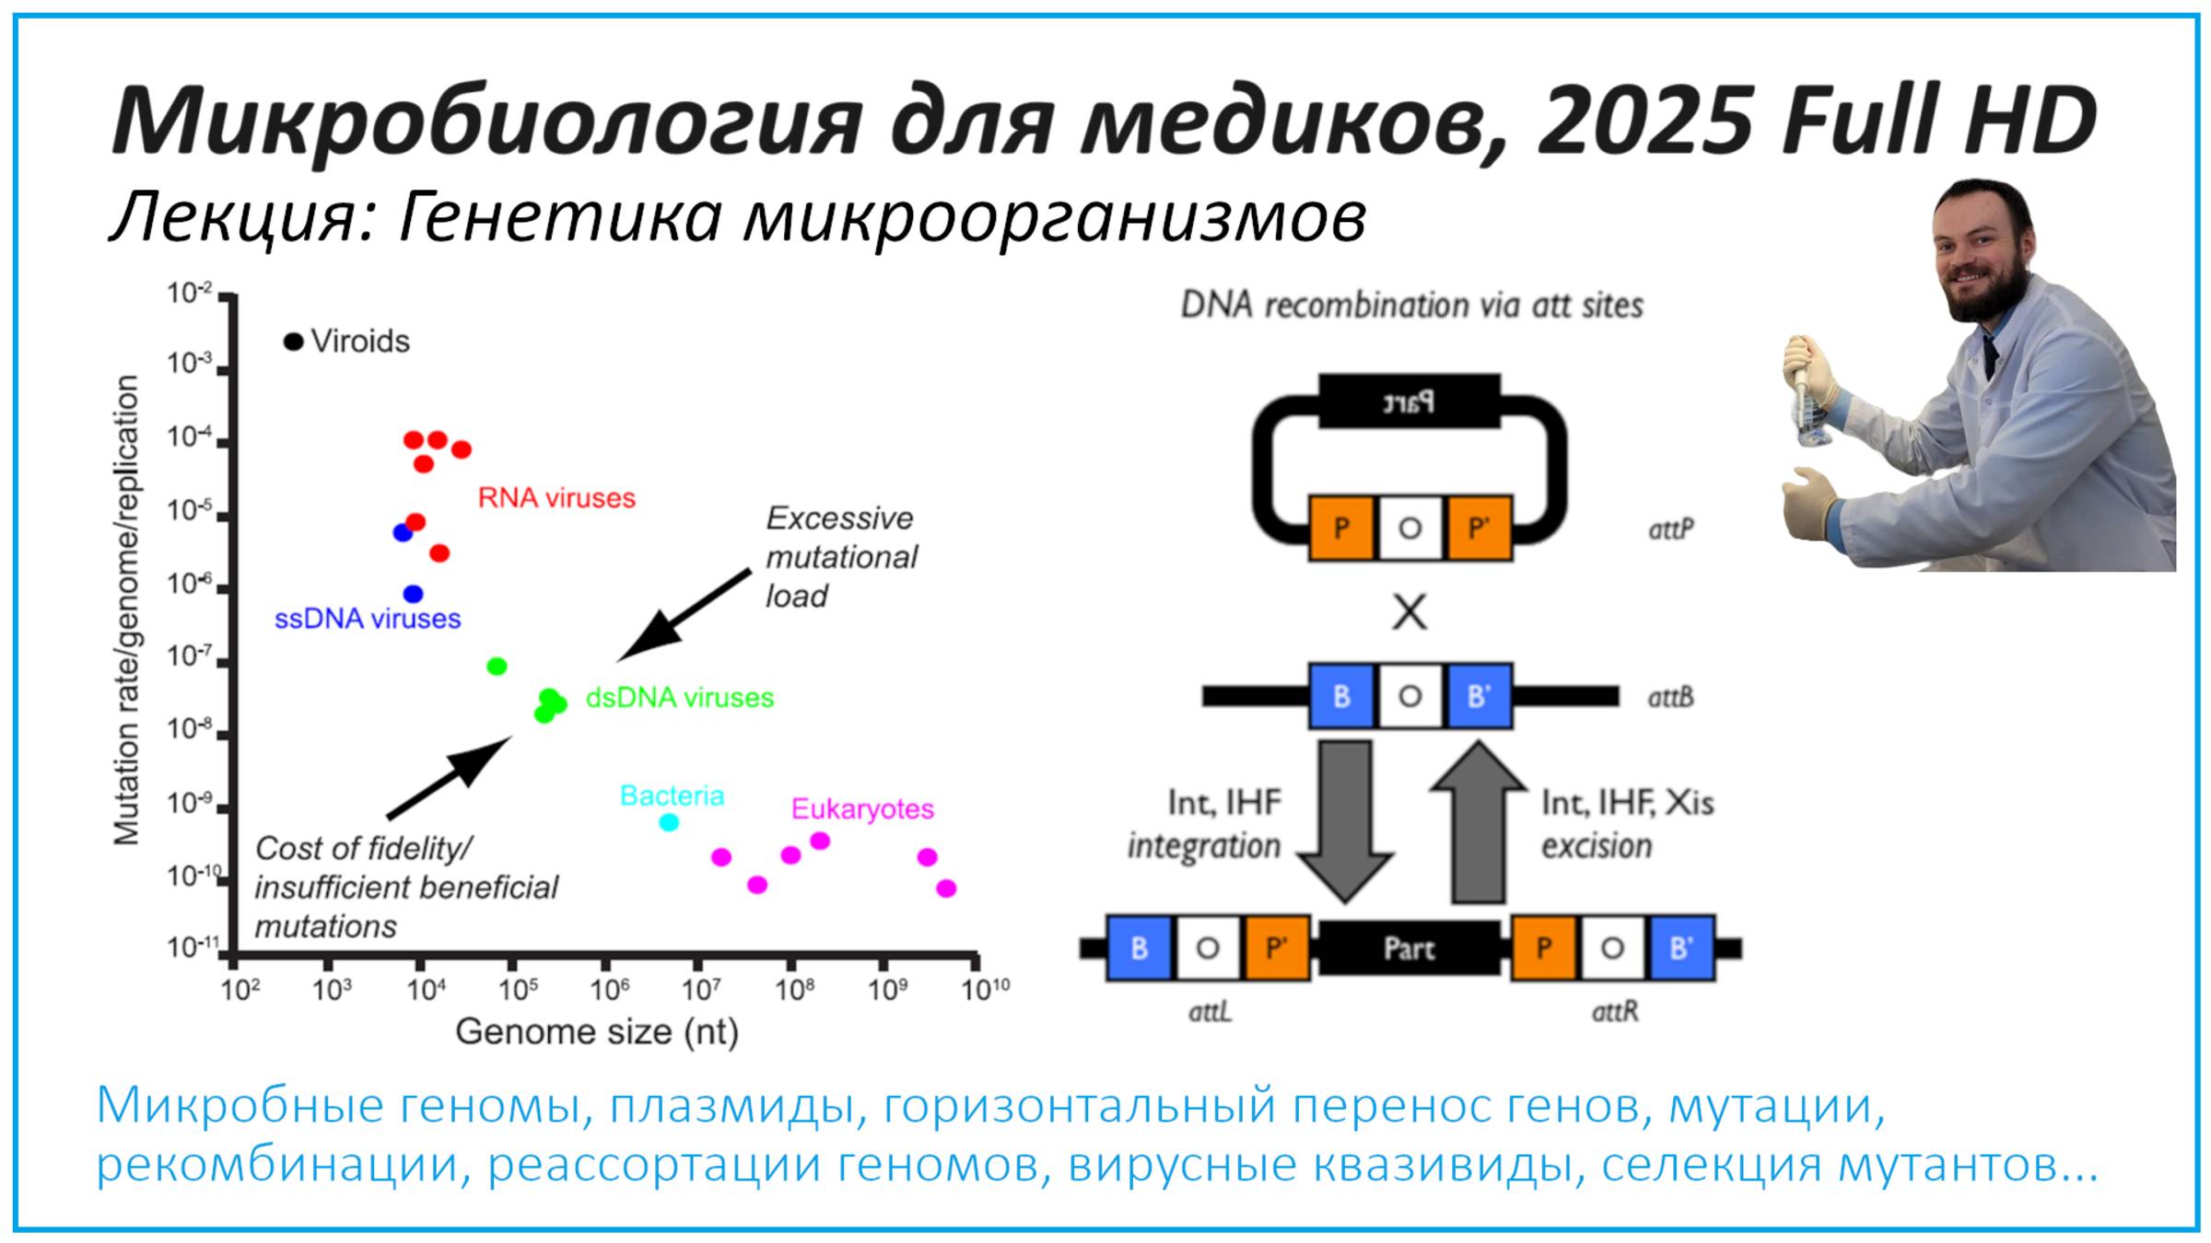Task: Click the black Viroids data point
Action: pos(293,343)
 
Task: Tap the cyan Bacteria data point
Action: pos(670,822)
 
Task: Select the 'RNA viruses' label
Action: pos(556,498)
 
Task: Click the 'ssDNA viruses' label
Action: pos(368,619)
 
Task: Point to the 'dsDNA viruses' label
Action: pos(680,698)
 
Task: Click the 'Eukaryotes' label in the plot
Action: pos(862,809)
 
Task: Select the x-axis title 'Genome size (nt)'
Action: pos(597,1032)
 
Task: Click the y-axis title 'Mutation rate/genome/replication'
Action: pos(126,610)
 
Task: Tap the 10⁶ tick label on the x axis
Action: pos(610,990)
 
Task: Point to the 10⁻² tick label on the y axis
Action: pos(189,294)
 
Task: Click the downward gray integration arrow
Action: pos(1345,819)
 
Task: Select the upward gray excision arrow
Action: pos(1478,819)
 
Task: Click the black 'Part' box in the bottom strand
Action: pos(1410,948)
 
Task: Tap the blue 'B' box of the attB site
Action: pos(1341,696)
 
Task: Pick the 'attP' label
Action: pos(1671,529)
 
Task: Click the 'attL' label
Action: pos(1210,1013)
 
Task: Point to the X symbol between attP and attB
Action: pos(1410,612)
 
